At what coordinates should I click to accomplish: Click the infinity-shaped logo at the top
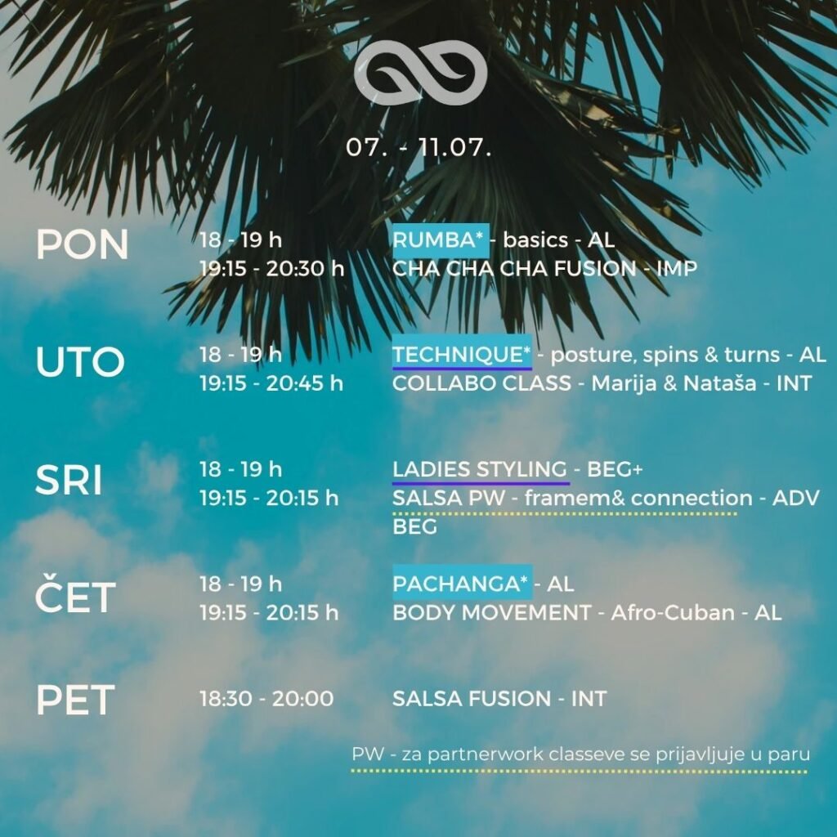click(x=420, y=72)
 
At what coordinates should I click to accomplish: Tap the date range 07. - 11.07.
click(x=418, y=147)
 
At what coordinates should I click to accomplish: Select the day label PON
click(x=83, y=245)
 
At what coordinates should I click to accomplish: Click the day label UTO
click(x=80, y=361)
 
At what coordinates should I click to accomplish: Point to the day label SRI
click(x=69, y=480)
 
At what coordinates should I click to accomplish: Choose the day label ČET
click(x=75, y=593)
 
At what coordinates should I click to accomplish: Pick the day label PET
click(x=75, y=700)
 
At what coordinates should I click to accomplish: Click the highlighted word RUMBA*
click(x=441, y=240)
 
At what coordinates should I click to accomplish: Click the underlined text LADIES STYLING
click(x=480, y=469)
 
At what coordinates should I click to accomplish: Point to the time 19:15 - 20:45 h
click(x=271, y=383)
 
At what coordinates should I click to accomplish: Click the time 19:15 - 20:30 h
click(x=272, y=268)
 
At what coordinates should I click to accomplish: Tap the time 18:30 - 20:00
click(x=267, y=698)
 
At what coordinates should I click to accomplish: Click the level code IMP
click(x=677, y=268)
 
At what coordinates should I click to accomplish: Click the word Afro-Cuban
click(x=673, y=613)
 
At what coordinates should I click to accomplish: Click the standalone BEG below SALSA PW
click(x=414, y=527)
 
